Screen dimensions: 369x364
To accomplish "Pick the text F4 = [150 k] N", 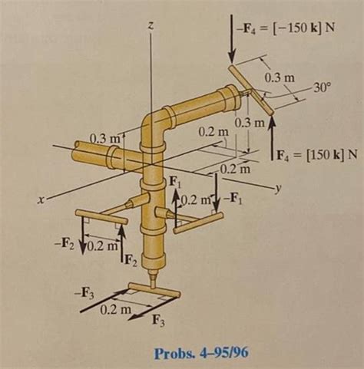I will point(315,153).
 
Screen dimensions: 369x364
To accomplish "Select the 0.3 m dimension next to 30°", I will point(277,78).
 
